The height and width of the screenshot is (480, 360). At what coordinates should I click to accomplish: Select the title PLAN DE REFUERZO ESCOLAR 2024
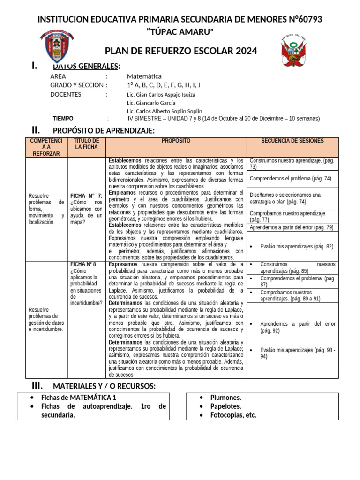click(x=181, y=51)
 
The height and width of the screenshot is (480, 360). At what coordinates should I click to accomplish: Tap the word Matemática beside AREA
click(x=144, y=76)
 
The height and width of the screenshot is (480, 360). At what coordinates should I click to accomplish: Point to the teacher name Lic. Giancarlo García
click(x=151, y=103)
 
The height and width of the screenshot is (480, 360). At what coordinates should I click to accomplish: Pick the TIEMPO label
click(x=63, y=119)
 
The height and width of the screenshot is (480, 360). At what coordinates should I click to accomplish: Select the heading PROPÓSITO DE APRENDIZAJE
click(x=104, y=130)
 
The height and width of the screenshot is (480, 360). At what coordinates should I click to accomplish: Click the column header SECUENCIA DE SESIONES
click(x=292, y=141)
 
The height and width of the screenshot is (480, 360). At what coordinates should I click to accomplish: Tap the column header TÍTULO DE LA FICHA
click(x=87, y=144)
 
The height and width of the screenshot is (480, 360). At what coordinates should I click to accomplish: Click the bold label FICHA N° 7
click(x=86, y=196)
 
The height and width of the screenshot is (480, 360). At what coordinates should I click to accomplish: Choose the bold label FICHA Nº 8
click(x=83, y=264)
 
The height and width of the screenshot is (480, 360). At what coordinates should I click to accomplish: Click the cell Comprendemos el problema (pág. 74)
click(x=290, y=179)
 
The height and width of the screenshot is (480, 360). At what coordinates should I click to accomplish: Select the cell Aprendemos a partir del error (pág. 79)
click(x=291, y=227)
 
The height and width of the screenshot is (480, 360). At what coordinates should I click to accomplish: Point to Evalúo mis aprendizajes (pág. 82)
click(x=296, y=246)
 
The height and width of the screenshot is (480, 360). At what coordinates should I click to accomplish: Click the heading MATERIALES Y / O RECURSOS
click(x=104, y=386)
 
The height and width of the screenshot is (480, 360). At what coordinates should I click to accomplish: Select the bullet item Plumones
click(x=225, y=397)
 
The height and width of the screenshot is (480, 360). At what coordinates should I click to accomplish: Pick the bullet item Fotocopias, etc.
click(x=233, y=415)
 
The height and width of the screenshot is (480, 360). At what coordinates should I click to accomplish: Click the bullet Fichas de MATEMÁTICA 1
click(x=78, y=397)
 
